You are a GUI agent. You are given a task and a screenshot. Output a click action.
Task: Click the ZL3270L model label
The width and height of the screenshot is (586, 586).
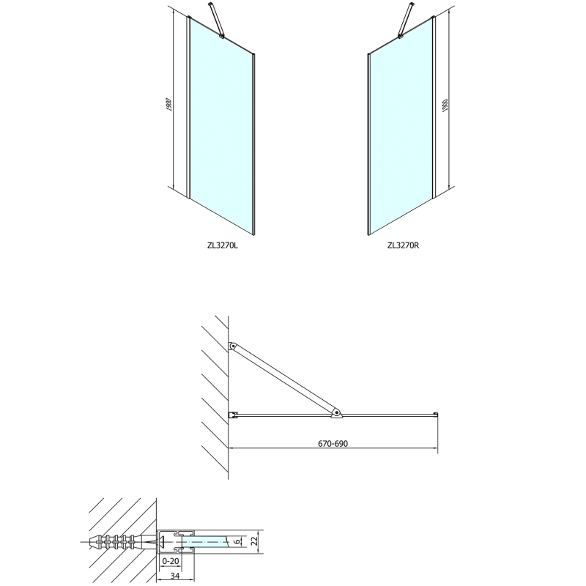coord(223,245)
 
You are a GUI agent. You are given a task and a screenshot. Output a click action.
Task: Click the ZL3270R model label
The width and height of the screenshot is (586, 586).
coord(404,245)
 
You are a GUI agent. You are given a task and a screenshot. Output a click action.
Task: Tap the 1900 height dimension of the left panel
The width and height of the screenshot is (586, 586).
coord(168,105)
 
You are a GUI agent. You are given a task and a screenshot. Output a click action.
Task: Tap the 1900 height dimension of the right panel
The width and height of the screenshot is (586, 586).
coord(445,105)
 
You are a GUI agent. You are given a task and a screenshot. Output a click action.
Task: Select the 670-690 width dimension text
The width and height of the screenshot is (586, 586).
coord(333,444)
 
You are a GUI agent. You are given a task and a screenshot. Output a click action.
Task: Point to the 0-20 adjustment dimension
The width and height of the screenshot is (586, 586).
coord(171,561)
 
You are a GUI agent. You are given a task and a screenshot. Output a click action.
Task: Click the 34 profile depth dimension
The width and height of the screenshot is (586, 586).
coord(175,576)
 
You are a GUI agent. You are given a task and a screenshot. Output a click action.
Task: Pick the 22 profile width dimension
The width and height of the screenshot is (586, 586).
coord(255,541)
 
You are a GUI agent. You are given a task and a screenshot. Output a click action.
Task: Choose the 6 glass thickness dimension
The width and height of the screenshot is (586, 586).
coord(237,541)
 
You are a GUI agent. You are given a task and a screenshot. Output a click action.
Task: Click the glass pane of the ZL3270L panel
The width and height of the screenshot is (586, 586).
coord(222,127)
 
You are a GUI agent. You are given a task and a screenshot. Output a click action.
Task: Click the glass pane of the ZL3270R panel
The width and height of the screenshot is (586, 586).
coord(401,127)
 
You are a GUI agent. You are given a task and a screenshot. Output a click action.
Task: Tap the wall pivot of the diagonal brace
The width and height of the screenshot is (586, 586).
coord(232,346)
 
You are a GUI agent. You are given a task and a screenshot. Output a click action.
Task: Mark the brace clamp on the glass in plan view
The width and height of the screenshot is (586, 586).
coord(336,413)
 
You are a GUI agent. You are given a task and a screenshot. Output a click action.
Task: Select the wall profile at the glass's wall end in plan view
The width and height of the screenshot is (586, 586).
coord(233,415)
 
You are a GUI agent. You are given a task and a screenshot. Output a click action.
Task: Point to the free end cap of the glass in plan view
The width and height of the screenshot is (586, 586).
coord(436,414)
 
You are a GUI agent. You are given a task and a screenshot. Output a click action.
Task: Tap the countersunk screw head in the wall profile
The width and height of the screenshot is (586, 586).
coord(163,541)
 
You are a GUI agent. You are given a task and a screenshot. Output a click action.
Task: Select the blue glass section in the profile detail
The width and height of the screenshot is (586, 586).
coord(204,541)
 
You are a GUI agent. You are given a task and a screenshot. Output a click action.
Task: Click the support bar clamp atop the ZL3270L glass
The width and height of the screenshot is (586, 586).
coord(222,36)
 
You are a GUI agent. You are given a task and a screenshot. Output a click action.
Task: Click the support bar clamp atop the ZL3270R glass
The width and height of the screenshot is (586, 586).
coord(400,36)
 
